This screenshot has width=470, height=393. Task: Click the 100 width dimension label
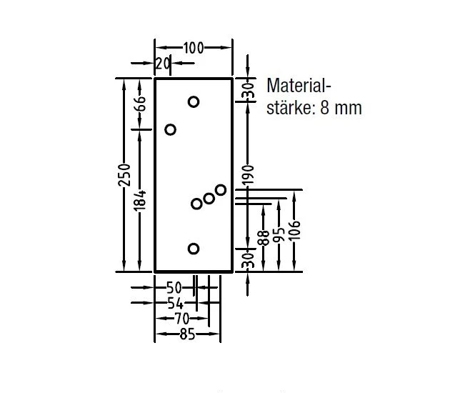coord(193,48)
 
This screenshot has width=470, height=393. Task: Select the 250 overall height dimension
coord(124,175)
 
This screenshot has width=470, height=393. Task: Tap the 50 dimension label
coord(174,289)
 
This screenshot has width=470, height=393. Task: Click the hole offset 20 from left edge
coord(170,129)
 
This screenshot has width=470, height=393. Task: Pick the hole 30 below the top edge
coord(194,101)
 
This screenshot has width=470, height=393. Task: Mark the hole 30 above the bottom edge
coord(194,249)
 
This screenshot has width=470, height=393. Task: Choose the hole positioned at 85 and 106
coord(221,189)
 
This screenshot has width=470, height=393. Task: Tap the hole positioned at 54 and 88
coord(196,204)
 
